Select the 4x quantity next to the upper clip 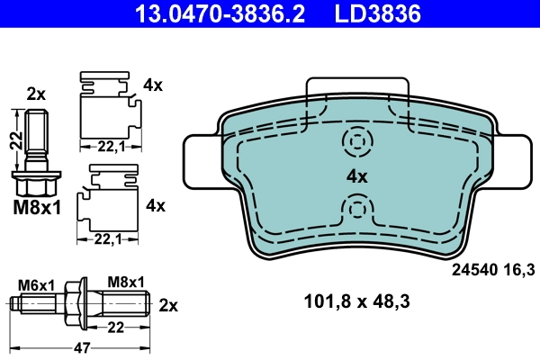[154, 85]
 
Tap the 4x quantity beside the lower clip [155, 205]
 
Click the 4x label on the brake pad [357, 176]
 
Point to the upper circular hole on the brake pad [357, 141]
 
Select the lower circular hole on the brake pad [357, 210]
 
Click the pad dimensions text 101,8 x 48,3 [357, 302]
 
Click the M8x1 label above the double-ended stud [126, 283]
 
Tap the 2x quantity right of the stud [168, 304]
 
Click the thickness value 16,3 [521, 267]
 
